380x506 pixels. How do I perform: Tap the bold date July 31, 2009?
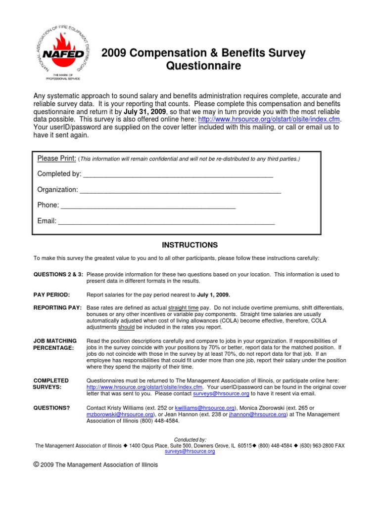144,112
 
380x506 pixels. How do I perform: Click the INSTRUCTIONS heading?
190,245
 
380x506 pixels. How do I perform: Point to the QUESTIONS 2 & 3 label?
58,274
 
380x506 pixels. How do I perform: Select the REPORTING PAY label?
57,308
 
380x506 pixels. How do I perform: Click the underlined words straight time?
183,308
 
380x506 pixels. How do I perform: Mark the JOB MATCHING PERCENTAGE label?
54,344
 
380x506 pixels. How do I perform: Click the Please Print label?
56,158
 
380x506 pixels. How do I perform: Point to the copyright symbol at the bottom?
36,464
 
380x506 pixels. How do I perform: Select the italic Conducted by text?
190,439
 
